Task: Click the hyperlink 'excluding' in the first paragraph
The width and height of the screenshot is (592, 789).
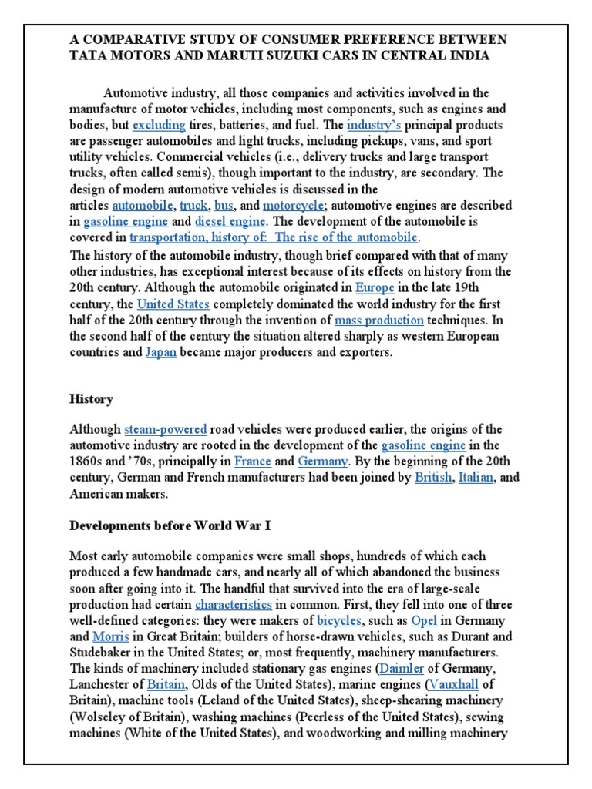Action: [x=158, y=125]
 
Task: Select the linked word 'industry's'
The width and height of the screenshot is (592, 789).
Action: [x=373, y=125]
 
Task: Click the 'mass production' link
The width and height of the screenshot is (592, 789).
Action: [x=378, y=320]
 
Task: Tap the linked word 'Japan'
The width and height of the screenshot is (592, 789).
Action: [x=160, y=352]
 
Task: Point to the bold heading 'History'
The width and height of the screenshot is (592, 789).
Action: [x=91, y=399]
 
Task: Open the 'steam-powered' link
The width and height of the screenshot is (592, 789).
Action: [x=165, y=429]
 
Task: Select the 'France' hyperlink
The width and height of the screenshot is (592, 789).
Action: [x=252, y=462]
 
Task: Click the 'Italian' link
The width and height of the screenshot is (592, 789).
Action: [x=476, y=478]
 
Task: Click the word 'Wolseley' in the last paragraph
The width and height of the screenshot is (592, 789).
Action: [x=98, y=717]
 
